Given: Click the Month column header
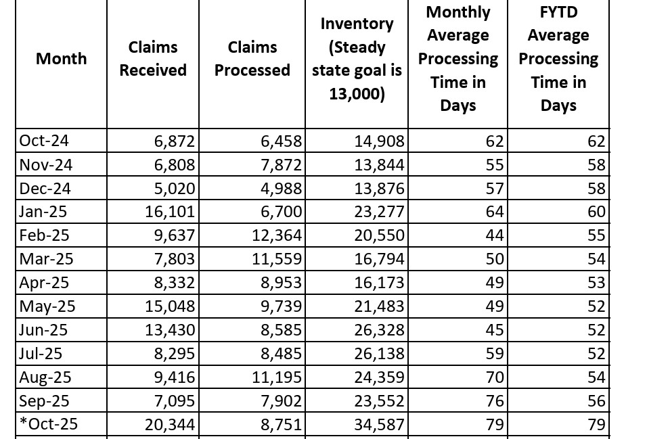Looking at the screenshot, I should tap(61, 59).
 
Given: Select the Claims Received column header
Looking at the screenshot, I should tap(153, 59).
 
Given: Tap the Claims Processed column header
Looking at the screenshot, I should tap(252, 59).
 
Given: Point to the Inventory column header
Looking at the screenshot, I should tap(357, 59).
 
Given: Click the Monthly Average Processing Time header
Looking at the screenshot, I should tap(458, 59).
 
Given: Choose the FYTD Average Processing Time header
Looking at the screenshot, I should tap(558, 59).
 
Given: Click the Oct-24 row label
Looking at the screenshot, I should tap(44, 141).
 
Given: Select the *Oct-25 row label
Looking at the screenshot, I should tap(48, 424).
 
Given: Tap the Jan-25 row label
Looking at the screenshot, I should tap(43, 212).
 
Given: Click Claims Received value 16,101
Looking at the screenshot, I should tap(170, 212).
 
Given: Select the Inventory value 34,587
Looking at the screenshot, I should tap(380, 425).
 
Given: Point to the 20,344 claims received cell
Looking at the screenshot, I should tap(170, 425).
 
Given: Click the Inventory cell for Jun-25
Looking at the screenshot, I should tap(380, 330).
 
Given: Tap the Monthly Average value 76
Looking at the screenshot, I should tap(495, 401).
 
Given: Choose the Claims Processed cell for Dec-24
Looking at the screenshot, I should tap(281, 189).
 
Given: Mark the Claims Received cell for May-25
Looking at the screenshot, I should tap(170, 306).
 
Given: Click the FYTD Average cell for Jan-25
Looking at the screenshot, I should tap(596, 212).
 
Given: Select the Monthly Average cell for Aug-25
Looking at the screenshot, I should tap(495, 377).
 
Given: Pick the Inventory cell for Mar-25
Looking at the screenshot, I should tap(380, 259).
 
